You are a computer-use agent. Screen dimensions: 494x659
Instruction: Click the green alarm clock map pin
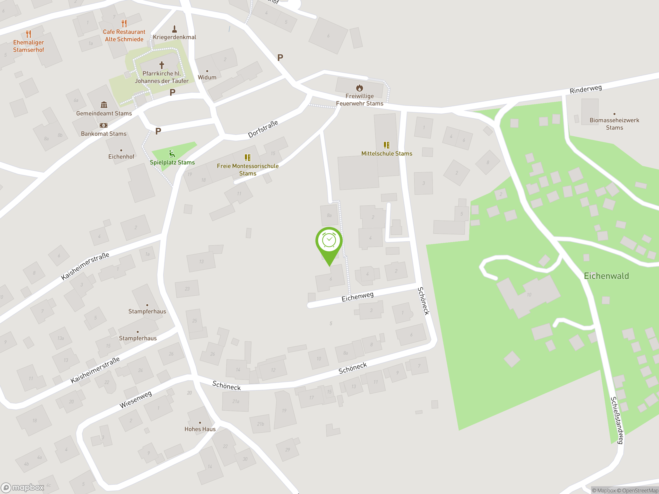click(x=329, y=241)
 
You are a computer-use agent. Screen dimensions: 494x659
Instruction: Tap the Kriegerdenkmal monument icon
click(x=175, y=29)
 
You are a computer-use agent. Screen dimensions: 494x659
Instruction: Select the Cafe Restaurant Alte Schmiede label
click(x=124, y=36)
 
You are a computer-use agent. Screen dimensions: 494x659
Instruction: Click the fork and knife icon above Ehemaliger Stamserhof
click(x=28, y=34)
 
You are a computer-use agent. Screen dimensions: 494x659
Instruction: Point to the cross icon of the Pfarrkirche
click(x=161, y=65)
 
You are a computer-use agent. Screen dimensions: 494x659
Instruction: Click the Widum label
click(x=207, y=77)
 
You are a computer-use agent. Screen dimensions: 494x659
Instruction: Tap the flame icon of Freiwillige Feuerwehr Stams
click(x=359, y=88)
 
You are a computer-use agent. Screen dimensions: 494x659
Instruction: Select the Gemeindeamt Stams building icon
click(x=104, y=104)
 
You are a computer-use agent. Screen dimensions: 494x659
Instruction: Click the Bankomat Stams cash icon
click(x=103, y=125)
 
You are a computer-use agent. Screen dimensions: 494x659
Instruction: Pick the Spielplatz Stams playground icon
click(x=172, y=154)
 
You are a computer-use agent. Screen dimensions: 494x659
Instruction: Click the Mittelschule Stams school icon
click(x=386, y=145)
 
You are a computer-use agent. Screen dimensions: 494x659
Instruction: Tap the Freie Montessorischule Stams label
click(x=248, y=170)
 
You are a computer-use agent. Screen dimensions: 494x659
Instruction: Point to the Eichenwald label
click(x=606, y=276)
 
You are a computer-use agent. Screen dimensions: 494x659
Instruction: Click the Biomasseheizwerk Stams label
click(x=614, y=124)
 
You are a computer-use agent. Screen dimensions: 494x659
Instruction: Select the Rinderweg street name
click(x=585, y=89)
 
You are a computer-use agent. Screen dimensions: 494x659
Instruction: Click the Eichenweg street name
click(x=357, y=297)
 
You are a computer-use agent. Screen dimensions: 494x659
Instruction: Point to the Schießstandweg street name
click(x=617, y=420)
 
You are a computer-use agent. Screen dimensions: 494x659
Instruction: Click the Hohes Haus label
click(x=200, y=429)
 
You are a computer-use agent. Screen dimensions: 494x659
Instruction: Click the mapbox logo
click(x=23, y=488)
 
